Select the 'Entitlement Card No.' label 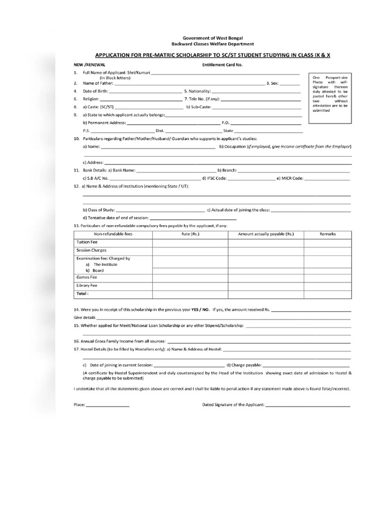[x=222, y=65]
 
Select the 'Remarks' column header [x=328, y=234]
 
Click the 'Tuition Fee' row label [x=87, y=242]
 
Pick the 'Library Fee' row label [x=87, y=286]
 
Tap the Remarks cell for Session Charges [x=328, y=251]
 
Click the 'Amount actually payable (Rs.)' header [x=266, y=234]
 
